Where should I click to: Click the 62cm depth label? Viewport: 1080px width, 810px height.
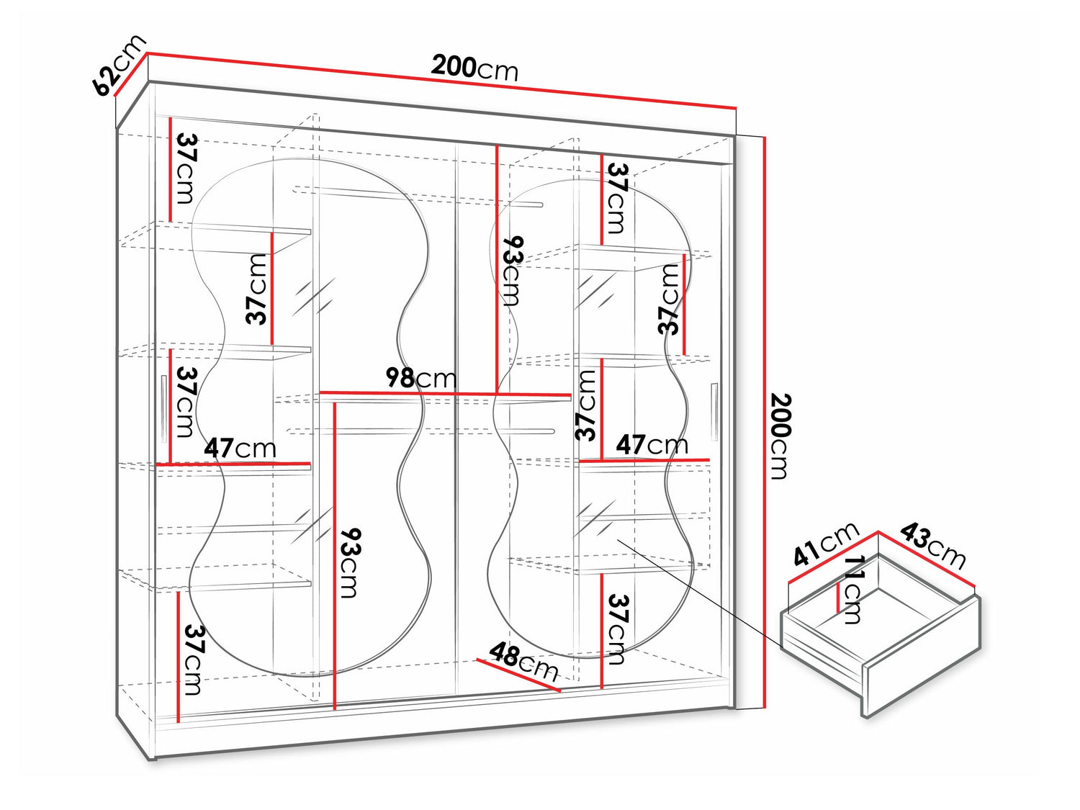(x=120, y=65)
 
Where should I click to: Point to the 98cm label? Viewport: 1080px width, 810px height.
(x=421, y=378)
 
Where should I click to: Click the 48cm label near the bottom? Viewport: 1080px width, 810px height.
(x=524, y=662)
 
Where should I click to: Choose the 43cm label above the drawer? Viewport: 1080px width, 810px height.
(x=933, y=545)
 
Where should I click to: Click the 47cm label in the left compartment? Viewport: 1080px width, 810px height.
(x=240, y=448)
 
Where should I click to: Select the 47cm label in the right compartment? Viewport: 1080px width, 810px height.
(x=652, y=444)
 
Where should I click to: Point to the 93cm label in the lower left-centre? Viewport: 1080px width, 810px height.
(x=351, y=563)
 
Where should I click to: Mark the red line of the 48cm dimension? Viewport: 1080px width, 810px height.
(x=518, y=675)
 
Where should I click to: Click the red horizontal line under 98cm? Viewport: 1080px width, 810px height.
(x=445, y=393)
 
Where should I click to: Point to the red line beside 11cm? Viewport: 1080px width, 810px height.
(x=838, y=598)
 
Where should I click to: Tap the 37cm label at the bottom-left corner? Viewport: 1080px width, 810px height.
(x=194, y=659)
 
